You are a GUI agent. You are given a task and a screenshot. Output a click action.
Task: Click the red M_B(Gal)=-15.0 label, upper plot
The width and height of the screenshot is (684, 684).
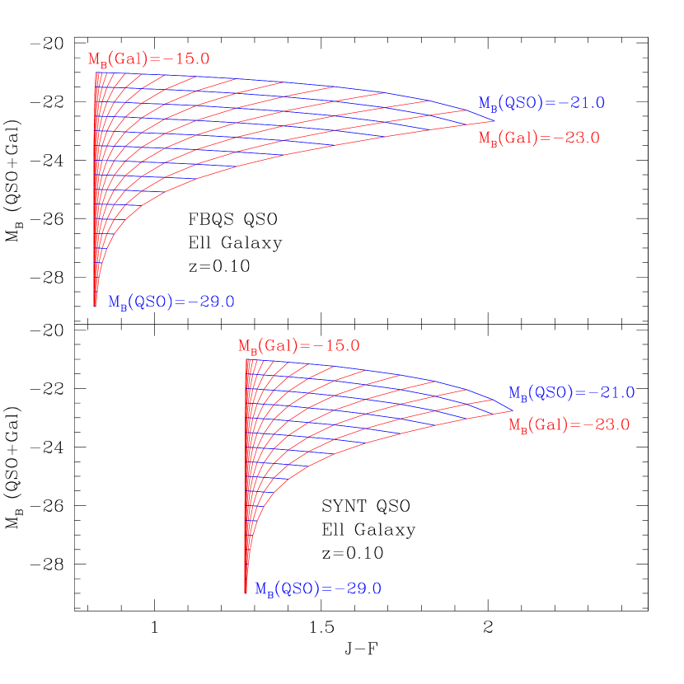(149, 59)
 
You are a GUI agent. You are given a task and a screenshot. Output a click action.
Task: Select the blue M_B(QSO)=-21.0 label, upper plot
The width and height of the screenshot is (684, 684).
(541, 104)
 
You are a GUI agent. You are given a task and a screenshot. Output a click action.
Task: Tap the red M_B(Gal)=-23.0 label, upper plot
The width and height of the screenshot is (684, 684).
(539, 138)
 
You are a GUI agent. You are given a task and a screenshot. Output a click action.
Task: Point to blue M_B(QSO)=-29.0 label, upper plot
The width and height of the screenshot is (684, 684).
(171, 302)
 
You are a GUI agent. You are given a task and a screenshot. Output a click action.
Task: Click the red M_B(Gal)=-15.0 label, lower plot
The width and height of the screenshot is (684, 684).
(299, 346)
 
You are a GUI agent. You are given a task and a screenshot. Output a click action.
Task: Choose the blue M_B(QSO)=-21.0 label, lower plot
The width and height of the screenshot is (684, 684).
(571, 393)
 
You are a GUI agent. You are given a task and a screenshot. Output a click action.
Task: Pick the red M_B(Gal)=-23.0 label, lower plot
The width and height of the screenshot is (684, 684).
(569, 425)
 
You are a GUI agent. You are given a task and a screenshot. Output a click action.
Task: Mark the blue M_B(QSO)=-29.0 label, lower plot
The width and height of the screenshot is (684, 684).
(317, 589)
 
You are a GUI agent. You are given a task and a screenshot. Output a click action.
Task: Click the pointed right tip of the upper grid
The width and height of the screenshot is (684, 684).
(495, 121)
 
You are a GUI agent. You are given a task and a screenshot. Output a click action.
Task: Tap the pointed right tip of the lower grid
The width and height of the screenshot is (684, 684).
(513, 410)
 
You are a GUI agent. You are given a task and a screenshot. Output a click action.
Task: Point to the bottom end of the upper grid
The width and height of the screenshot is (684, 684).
(96, 306)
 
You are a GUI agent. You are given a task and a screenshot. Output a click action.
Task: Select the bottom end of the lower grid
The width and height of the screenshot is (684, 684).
(246, 591)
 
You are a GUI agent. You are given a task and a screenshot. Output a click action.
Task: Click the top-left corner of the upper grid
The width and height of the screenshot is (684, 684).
(96, 73)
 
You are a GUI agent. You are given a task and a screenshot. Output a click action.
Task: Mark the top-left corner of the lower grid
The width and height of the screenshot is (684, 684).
(246, 359)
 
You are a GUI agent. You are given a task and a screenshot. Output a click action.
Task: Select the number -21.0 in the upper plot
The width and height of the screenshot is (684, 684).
(583, 104)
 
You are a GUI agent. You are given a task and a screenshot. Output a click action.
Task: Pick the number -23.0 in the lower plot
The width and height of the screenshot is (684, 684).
(607, 425)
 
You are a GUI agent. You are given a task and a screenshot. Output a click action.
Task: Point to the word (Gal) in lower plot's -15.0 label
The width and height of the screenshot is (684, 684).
(276, 346)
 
